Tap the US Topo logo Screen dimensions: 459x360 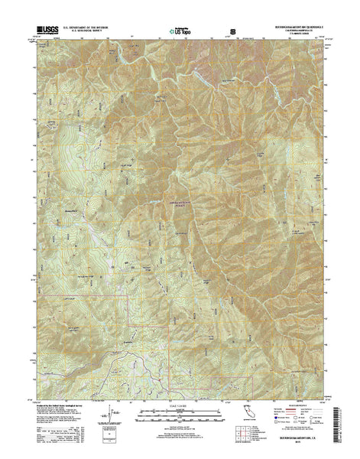click(177, 33)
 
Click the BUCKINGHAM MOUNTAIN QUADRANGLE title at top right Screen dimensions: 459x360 click(294, 30)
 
